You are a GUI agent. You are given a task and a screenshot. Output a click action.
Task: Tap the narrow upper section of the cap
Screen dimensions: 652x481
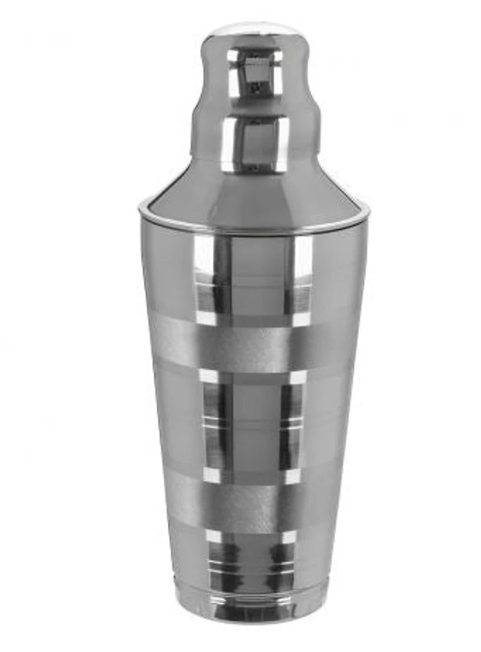[x=255, y=72]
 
